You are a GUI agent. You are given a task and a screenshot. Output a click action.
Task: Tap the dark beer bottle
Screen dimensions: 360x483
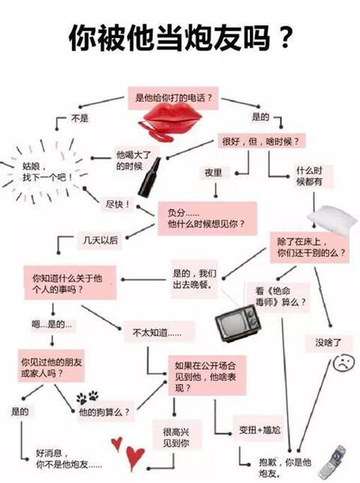(149, 177)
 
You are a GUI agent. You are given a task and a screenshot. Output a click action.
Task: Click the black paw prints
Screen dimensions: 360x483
(88, 397)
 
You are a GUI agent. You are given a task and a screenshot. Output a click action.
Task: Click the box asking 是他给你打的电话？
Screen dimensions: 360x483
(173, 98)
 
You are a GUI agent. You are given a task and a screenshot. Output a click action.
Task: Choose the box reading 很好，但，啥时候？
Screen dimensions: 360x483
(262, 142)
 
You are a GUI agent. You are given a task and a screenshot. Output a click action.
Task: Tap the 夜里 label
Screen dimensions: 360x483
(214, 172)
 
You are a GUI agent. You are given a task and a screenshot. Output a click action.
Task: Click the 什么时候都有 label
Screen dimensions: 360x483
(310, 176)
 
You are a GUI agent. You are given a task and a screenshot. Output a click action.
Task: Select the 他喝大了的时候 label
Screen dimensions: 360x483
(129, 160)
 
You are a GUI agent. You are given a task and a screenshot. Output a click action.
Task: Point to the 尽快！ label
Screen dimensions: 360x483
(118, 204)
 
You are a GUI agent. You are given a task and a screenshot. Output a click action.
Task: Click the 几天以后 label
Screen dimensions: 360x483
(100, 240)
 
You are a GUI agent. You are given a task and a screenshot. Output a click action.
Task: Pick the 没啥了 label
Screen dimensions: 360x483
(328, 343)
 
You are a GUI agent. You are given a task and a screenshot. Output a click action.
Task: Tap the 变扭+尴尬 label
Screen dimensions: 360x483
(260, 430)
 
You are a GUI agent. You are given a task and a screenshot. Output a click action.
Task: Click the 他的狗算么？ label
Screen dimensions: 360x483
(105, 412)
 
